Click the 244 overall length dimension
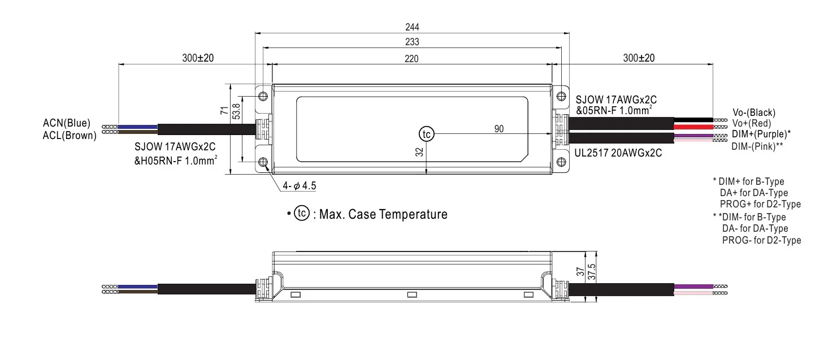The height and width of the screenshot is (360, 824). pyautogui.click(x=411, y=27)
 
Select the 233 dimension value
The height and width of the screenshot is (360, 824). pyautogui.click(x=411, y=42)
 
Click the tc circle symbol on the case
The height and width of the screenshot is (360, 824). pyautogui.click(x=426, y=134)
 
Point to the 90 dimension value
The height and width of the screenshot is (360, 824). pyautogui.click(x=499, y=129)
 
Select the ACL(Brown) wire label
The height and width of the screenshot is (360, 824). pyautogui.click(x=70, y=135)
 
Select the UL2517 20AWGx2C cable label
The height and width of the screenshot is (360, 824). pyautogui.click(x=618, y=153)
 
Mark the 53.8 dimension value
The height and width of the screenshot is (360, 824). pyautogui.click(x=237, y=113)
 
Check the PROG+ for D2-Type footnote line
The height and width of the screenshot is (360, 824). pyautogui.click(x=760, y=205)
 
